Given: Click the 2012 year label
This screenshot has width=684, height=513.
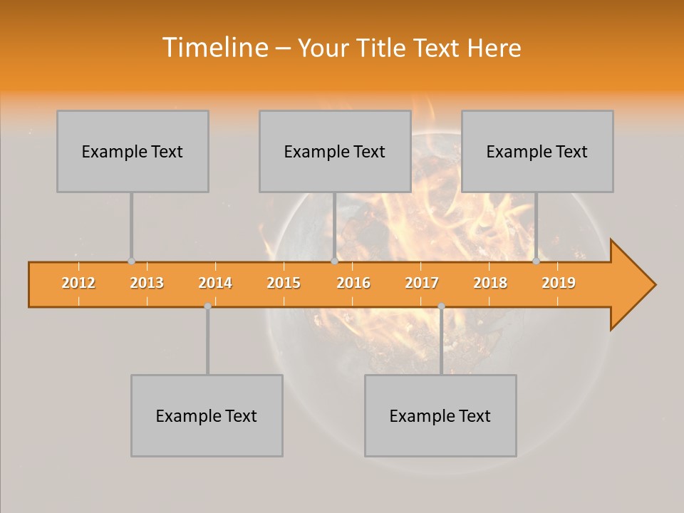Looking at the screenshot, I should (78, 283).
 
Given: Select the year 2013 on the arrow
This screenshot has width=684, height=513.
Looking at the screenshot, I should (147, 283).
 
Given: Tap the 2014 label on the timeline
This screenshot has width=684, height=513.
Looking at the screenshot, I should (215, 283).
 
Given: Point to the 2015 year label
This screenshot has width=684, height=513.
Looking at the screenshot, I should (284, 283).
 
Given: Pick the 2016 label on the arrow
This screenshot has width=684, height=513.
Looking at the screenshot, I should (353, 283).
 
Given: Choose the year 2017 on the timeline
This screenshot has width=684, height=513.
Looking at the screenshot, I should (422, 283).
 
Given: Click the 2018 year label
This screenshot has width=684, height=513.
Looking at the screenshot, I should (490, 283).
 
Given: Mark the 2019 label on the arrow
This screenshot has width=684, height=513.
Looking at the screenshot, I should (559, 283).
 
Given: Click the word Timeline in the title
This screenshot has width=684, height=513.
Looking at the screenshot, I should (214, 48).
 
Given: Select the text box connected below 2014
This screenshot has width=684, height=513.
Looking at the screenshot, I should (207, 415).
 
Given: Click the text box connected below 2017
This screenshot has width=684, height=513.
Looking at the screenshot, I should (440, 415).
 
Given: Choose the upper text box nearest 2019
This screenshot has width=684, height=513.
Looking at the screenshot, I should (537, 151).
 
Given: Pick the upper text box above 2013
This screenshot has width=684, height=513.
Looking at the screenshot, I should (133, 151).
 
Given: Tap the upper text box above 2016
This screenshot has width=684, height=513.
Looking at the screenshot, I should (335, 151).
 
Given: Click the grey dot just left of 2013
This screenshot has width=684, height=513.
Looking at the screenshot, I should (131, 261).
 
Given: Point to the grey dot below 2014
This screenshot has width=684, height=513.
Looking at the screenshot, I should (207, 306).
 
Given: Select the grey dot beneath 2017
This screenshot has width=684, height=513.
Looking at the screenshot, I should (441, 306).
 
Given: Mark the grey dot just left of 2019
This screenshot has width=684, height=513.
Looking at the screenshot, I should (536, 261).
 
